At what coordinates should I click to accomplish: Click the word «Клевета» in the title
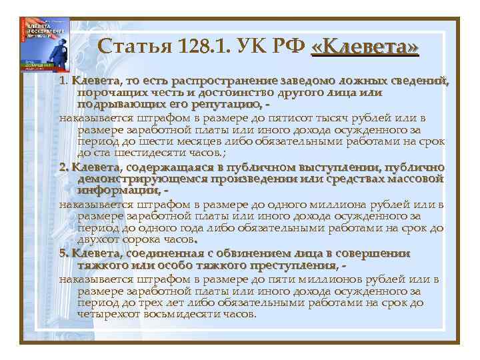coord(365,47)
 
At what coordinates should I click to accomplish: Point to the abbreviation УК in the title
coord(252,47)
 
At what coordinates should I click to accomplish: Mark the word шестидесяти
coord(149,153)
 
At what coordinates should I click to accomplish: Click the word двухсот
coord(100,239)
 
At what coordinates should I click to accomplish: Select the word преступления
coord(247,265)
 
